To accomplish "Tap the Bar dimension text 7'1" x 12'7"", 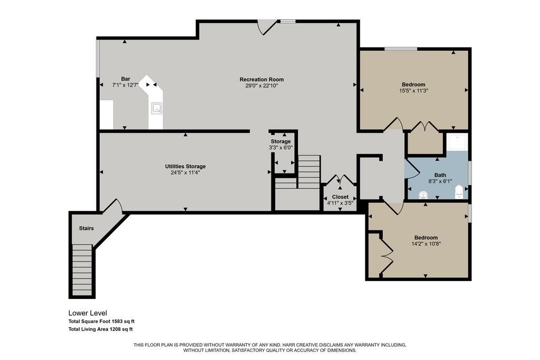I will coord(125,85).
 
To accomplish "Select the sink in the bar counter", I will coord(157,109).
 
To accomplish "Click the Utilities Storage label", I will coord(185,167).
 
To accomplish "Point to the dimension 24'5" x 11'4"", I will coord(185,172).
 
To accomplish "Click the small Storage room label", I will coord(281,141).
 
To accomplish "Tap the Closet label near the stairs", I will coord(340,197).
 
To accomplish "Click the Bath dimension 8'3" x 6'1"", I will coord(440,181).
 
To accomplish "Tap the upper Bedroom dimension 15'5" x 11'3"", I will coord(413,91).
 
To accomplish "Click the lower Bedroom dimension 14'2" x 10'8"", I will coord(426,244).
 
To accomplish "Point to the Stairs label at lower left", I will coord(86,228).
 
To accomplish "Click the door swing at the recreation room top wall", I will coord(267,27).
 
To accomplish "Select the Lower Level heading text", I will coord(88,313).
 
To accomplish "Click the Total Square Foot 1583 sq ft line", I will coord(105,321).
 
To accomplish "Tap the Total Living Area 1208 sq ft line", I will coord(100,329).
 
